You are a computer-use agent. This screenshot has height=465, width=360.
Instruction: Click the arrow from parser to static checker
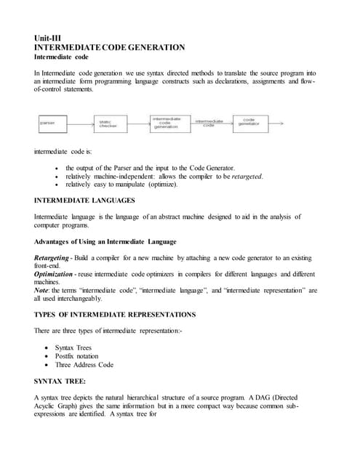[x=83, y=124]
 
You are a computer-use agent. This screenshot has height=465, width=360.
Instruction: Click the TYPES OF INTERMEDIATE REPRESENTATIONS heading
[x=115, y=314]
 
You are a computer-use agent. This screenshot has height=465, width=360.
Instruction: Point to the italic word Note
[x=42, y=290]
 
